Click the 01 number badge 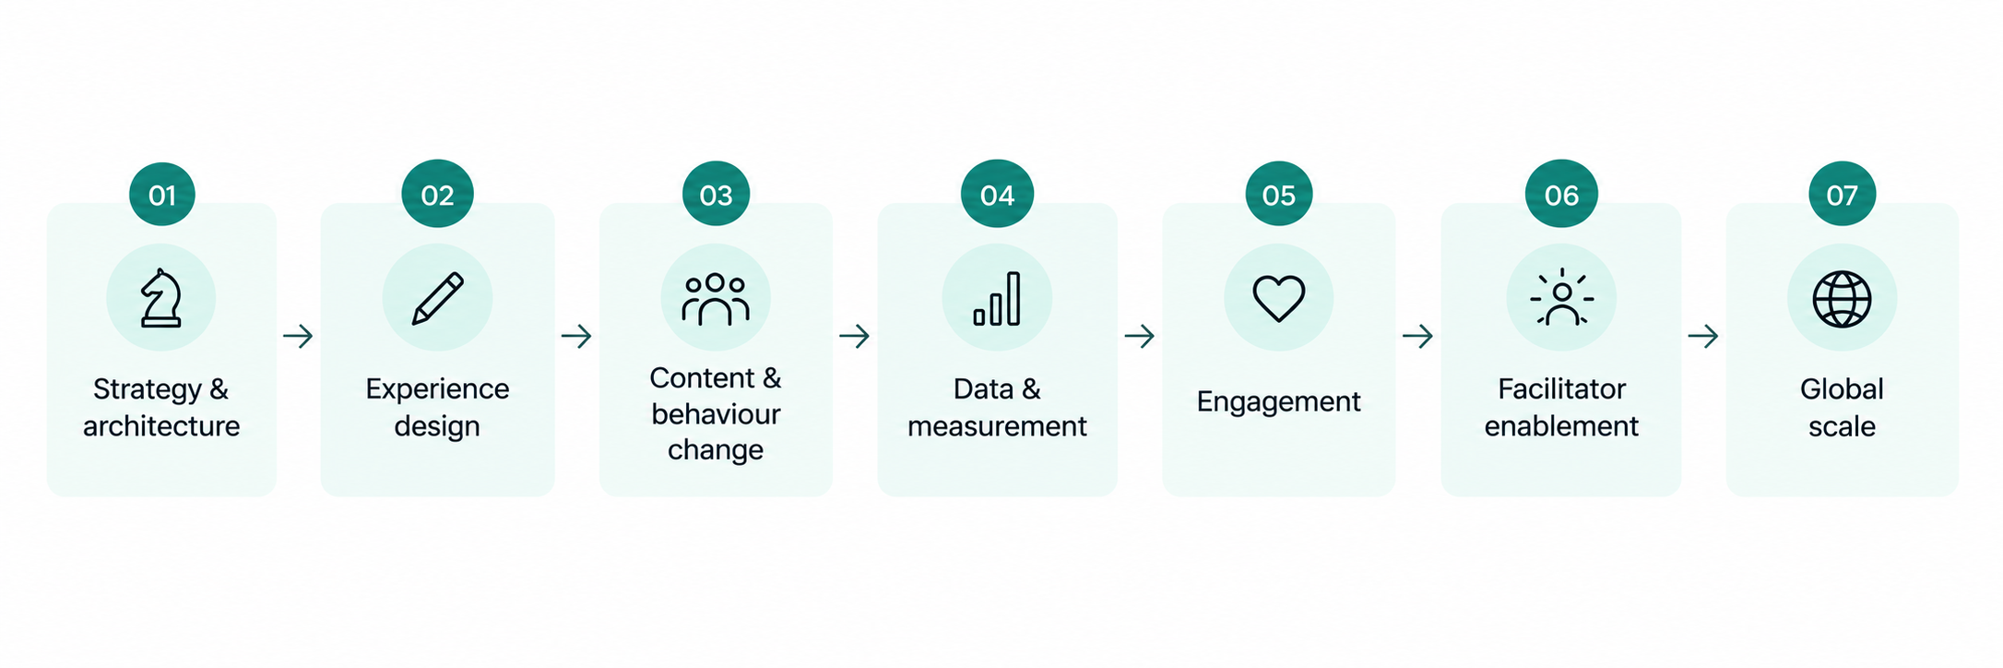pos(162,195)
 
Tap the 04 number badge pos(997,195)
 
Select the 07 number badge pos(1842,195)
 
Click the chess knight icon pos(160,298)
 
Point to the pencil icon pos(437,298)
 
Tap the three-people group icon pos(716,299)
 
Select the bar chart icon pos(997,299)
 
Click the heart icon pos(1278,299)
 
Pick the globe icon pos(1842,299)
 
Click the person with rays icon pos(1560,297)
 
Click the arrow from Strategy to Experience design pos(298,336)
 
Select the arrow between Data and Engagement pos(1140,336)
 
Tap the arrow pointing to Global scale pos(1703,336)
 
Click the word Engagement pos(1278,402)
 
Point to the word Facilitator pos(1561,388)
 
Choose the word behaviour pos(716,414)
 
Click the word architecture pos(161,426)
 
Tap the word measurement pos(997,426)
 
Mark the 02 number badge pos(437,195)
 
